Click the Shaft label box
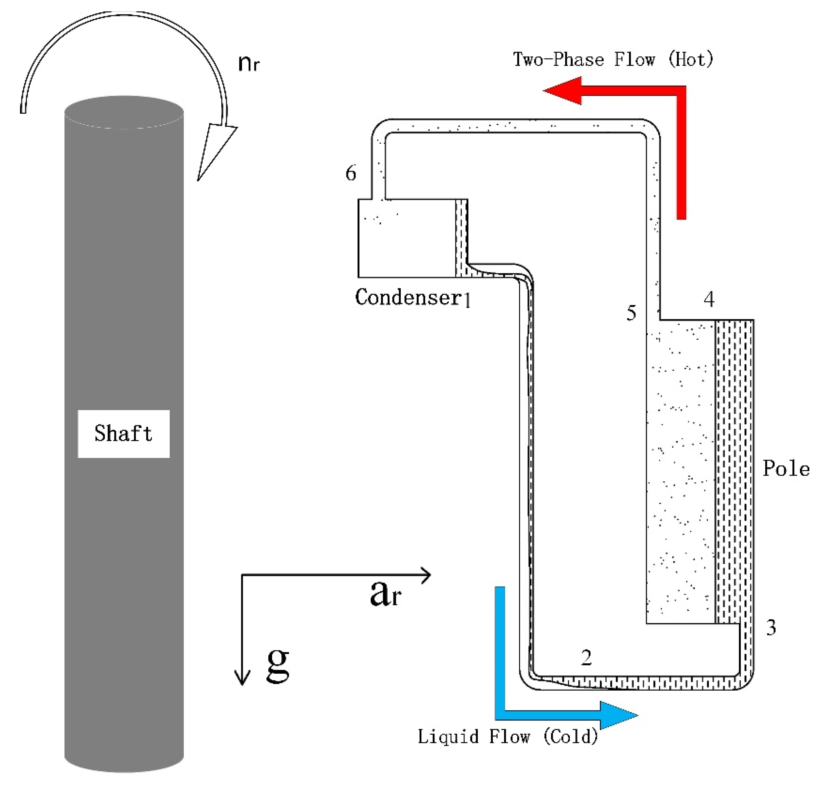pos(123,434)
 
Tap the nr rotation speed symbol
pos(249,64)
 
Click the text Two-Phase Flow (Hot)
pos(613,59)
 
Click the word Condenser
pos(408,297)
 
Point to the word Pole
pos(786,469)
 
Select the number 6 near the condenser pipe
pos(351,173)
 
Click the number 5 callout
pos(631,313)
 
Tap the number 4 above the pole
pos(709,299)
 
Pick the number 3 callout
pos(771,628)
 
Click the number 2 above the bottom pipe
pos(586,658)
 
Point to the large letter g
pos(278,664)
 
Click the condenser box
pos(406,238)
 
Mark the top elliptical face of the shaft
pos(124,112)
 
